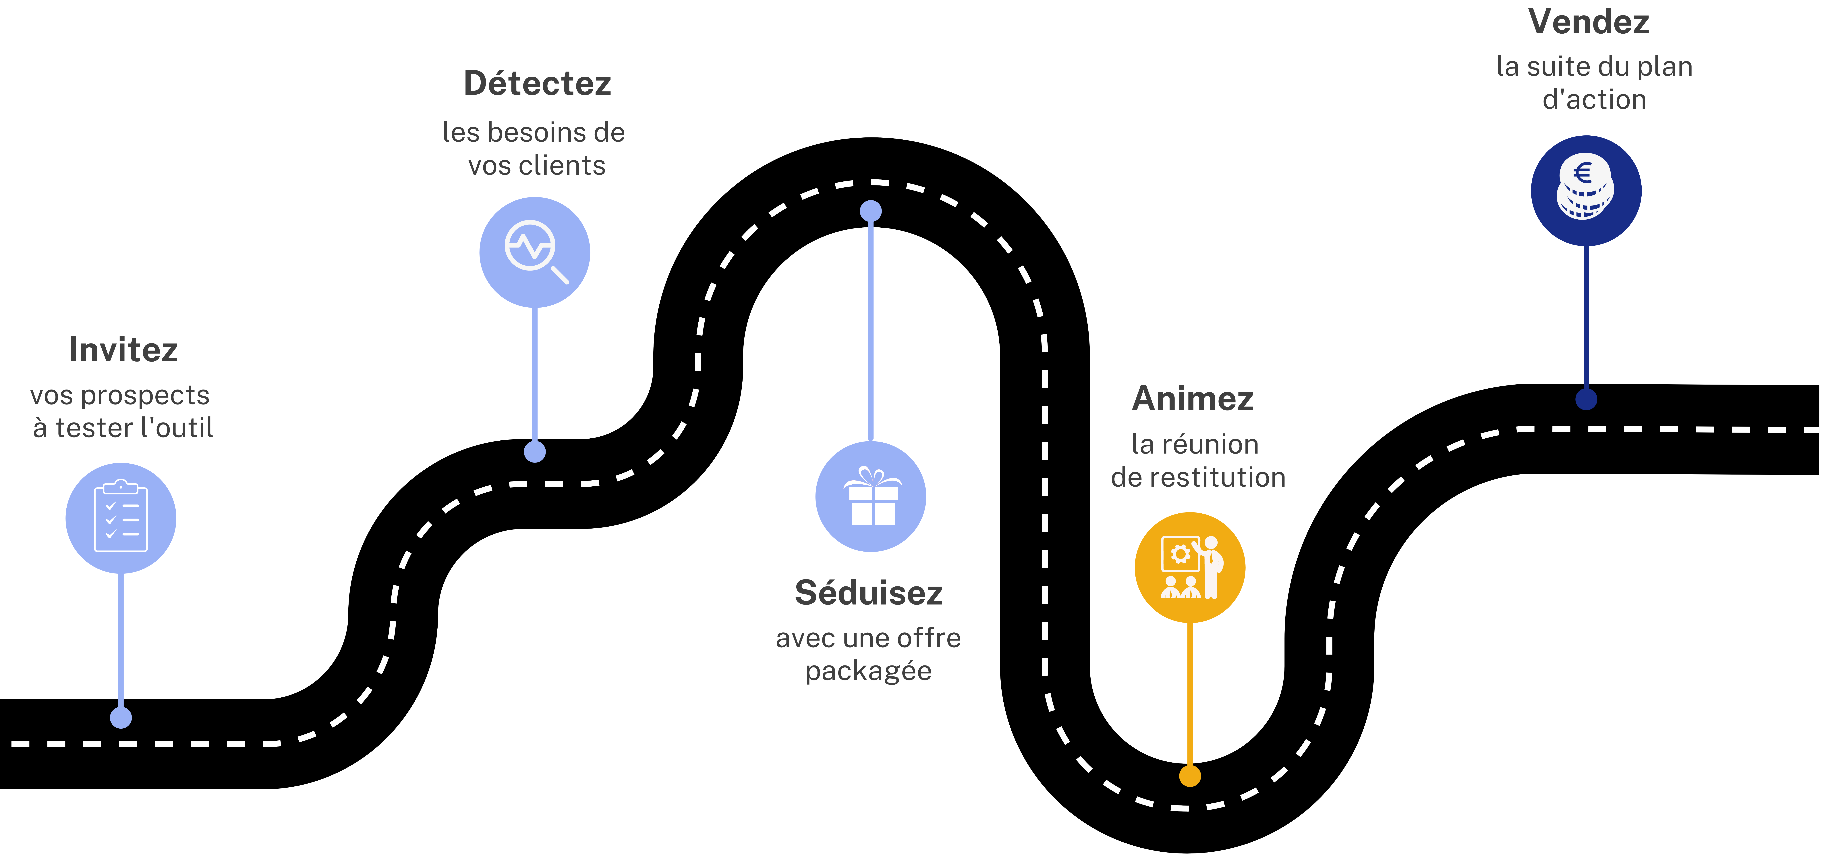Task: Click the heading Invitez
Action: (x=123, y=350)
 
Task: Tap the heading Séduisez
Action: (x=869, y=593)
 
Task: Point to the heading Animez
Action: (x=1193, y=399)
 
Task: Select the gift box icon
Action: (x=872, y=496)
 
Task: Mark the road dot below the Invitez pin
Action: (x=121, y=718)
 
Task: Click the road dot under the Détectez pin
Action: (x=535, y=451)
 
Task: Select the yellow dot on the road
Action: (x=1190, y=776)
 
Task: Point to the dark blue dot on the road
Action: (x=1586, y=399)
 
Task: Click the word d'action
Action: (x=1595, y=100)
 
